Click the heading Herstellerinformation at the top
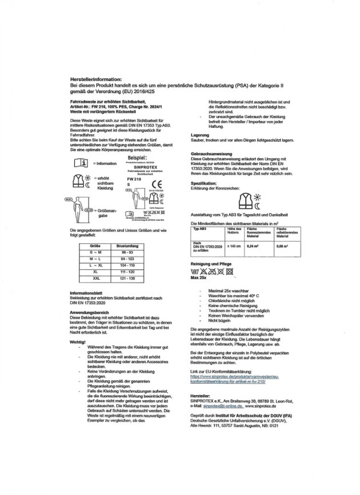click(98, 79)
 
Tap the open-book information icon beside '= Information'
click(81, 163)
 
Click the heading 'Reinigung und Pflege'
click(210, 265)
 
